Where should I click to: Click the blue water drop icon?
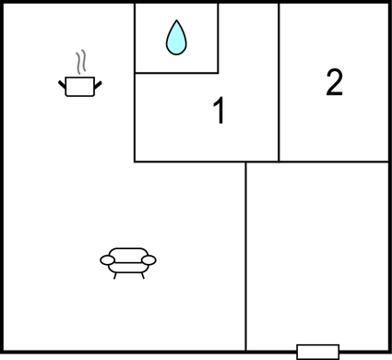pos(176,39)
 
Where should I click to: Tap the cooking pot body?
pos(80,87)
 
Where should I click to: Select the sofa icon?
pos(127,260)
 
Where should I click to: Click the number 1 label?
pos(219,112)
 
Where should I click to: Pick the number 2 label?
pos(334,83)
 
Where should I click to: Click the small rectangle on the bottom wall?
pos(317,351)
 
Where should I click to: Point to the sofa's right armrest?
pos(148,261)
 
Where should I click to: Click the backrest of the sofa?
pos(127,252)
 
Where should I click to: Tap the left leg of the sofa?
pos(115,275)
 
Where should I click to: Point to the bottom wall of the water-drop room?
pos(176,72)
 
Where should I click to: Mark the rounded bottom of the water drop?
pos(176,50)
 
